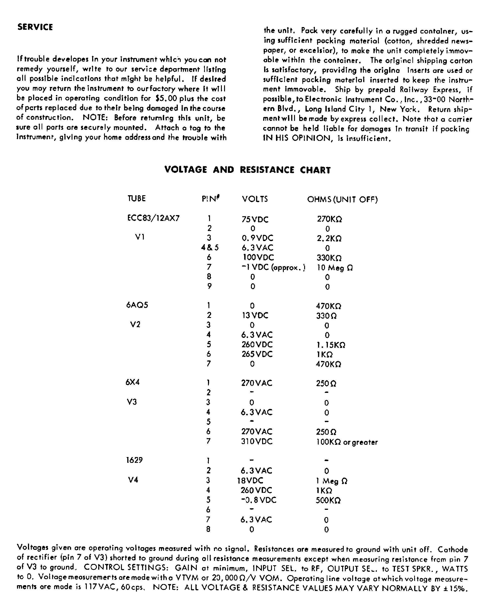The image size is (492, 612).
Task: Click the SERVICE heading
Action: pos(35,27)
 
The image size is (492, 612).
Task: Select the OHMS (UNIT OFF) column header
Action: pos(342,199)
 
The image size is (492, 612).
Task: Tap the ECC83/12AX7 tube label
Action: pos(153,218)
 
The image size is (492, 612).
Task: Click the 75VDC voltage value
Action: pos(255,219)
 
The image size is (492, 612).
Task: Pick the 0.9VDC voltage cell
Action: pos(257,238)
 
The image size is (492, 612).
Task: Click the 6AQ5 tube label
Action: pos(137,305)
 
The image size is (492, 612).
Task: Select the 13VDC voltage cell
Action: pos(255,315)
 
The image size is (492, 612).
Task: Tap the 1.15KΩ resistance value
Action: pos(331,345)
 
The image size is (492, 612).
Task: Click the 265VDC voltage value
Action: pos(257,354)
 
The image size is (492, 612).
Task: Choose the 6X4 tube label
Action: pos(133,382)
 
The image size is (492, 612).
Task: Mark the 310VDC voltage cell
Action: pos(257,441)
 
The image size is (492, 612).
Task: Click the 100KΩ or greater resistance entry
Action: pos(347,442)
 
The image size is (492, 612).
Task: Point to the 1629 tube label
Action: pos(134,460)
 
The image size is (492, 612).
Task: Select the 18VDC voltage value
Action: pos(250,480)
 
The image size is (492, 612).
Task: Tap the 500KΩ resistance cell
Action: pos(328,500)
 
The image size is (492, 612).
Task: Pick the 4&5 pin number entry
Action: pos(210,248)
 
